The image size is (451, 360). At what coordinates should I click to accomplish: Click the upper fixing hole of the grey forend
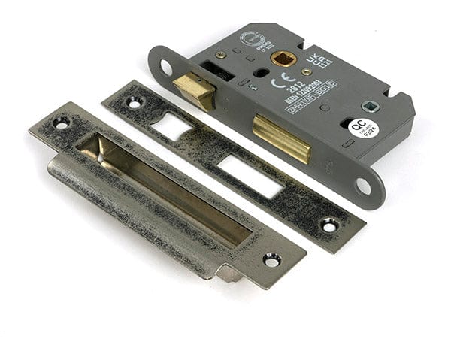(166, 67)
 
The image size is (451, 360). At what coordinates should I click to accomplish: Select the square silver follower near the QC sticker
(368, 107)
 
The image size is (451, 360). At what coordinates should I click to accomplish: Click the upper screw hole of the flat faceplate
(134, 101)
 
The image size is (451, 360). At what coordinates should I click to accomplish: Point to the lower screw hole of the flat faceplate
(328, 224)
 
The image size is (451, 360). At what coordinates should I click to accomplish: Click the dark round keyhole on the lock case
(261, 74)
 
